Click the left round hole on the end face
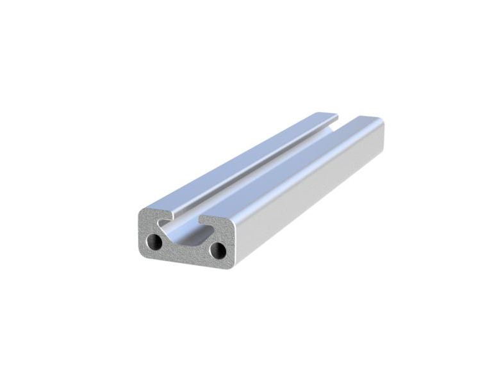point(154,242)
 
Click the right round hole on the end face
point(217,248)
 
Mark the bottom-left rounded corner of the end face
point(142,251)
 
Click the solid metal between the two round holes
point(186,251)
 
